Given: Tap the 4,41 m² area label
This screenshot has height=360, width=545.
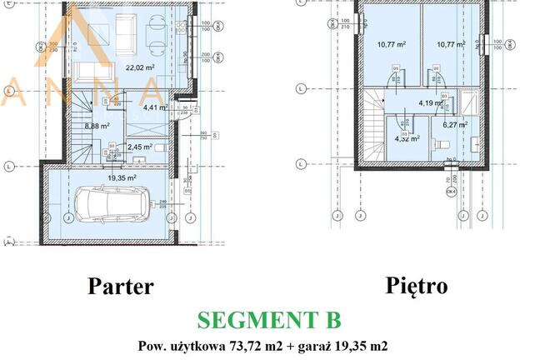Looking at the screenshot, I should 154,107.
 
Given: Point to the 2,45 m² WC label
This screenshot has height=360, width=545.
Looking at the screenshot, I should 116,147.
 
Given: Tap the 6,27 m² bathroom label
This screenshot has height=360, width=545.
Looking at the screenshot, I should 455,125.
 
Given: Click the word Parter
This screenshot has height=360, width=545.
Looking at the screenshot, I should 121,287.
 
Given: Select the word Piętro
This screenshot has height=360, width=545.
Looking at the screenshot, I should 416,286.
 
